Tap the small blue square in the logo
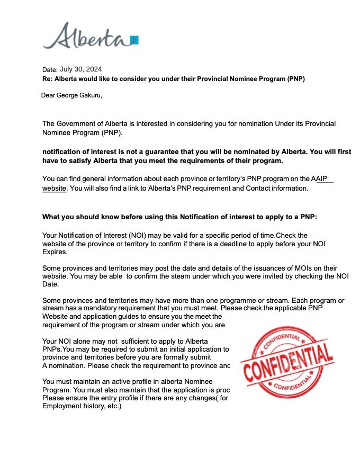134,40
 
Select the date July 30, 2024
81,69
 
